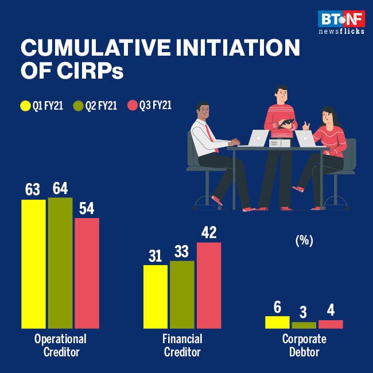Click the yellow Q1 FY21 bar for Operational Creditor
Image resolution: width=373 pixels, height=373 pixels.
tap(33, 264)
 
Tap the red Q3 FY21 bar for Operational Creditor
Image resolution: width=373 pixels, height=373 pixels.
tap(87, 273)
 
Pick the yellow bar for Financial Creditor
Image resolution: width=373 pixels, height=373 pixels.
tap(155, 297)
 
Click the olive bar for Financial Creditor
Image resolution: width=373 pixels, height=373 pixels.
tap(182, 294)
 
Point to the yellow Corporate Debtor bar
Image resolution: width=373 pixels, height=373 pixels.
tap(277, 322)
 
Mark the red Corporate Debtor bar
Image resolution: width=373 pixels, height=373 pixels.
tap(331, 324)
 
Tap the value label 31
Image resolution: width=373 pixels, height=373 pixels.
tap(155, 256)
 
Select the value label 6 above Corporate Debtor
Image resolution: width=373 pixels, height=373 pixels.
tap(277, 307)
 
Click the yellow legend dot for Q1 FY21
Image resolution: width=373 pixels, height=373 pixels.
tap(25, 106)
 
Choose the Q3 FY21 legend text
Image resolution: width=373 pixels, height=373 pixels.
tap(156, 106)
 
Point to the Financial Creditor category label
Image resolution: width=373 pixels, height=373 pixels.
tap(182, 345)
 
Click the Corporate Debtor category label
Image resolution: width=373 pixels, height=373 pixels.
tap(304, 345)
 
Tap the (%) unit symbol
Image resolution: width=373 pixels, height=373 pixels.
tap(304, 241)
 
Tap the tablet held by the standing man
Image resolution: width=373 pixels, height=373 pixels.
tap(285, 122)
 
